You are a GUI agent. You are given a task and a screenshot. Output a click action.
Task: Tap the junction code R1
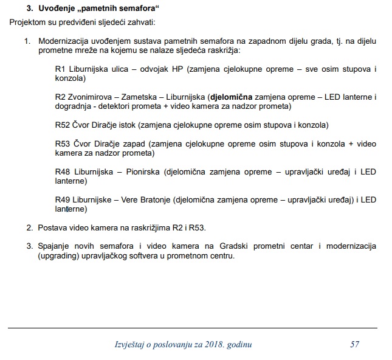[60, 69]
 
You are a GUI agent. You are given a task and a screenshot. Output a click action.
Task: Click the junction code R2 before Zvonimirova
[60, 96]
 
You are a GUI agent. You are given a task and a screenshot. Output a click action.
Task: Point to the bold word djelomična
[231, 96]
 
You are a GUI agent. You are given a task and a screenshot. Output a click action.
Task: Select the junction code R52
[63, 125]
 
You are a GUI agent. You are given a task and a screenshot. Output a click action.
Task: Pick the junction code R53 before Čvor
[63, 144]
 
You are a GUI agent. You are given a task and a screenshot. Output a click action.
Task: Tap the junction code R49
[63, 199]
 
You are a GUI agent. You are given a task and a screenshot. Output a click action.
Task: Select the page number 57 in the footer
[355, 345]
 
